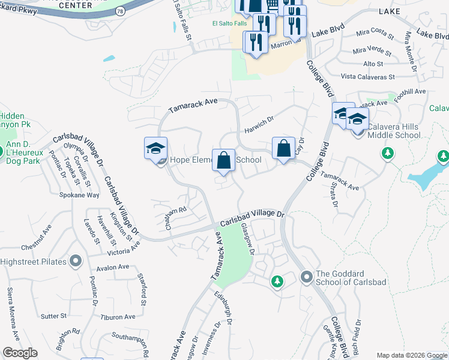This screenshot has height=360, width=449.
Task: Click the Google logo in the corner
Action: coord(20,353)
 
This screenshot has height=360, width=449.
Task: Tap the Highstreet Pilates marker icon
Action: coord(76,262)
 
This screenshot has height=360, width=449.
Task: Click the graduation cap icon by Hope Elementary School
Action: coord(155,148)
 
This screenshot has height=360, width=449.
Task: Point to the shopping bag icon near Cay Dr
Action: coord(284,148)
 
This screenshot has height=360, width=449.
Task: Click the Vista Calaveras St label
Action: coord(367,77)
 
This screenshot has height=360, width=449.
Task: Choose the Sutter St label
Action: coord(53,316)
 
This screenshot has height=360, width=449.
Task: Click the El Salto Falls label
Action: coord(230,24)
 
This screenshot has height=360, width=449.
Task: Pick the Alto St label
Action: coord(373,64)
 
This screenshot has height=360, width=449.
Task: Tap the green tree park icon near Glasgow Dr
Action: coord(277,280)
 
